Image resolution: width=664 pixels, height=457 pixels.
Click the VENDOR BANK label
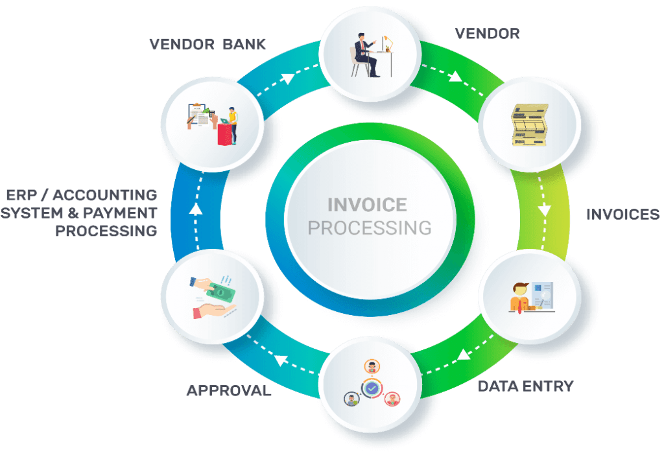pos(207,45)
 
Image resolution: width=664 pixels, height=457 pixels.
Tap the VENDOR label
pos(488,33)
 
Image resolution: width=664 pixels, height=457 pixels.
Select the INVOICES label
pos(622,215)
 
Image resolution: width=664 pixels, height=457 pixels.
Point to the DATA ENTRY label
pos(525,386)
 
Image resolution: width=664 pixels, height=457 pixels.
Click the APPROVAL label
pos(228,391)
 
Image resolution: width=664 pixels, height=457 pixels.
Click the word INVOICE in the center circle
pos(367,205)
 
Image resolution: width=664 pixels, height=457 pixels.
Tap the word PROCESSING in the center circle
pos(369,228)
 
